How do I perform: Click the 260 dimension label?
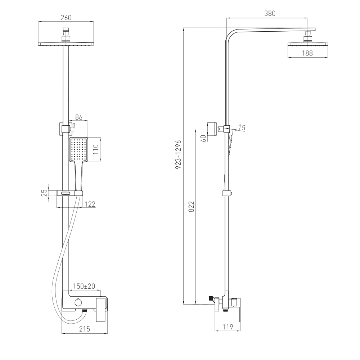[x=66, y=18]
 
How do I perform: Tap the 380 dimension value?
[x=270, y=13]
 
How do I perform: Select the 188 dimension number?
[x=307, y=53]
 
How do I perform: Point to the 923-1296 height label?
[x=179, y=155]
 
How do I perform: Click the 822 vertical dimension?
[x=191, y=206]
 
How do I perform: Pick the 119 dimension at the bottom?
[x=228, y=327]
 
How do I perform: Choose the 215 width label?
[x=85, y=329]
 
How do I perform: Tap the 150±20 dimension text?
[x=84, y=286]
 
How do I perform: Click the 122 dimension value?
[x=90, y=204]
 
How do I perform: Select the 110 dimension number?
[x=95, y=149]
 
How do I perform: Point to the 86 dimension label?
[x=79, y=117]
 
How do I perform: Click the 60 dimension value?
[x=204, y=138]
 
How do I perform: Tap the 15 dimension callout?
[x=242, y=127]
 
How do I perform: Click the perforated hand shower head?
[x=78, y=150]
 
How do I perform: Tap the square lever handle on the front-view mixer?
[x=101, y=310]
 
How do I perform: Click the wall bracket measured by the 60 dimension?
[x=212, y=129]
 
